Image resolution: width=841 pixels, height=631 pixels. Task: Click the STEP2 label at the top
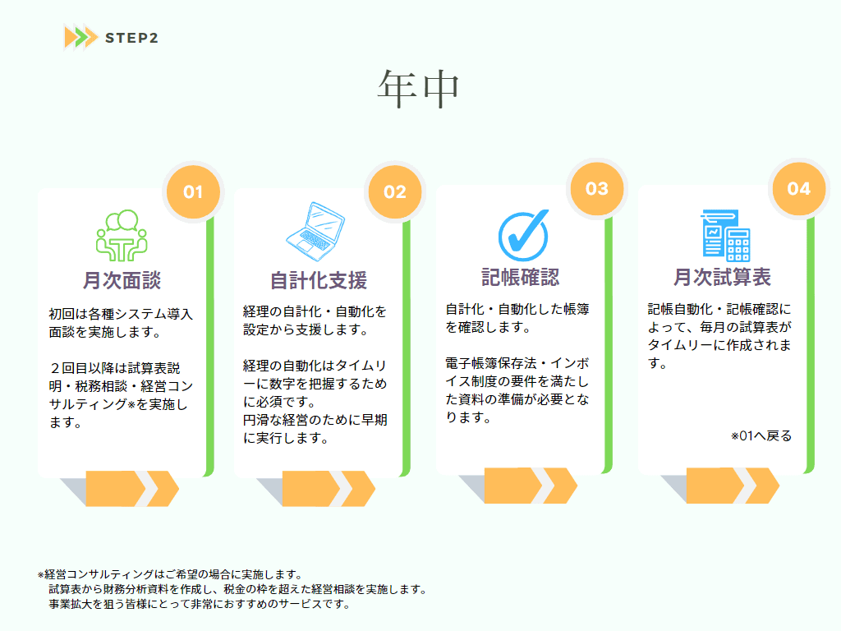131,38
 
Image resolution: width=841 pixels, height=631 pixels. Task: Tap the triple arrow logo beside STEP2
81,38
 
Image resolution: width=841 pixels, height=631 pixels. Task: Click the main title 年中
418,89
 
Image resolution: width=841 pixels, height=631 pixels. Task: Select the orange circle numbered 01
193,191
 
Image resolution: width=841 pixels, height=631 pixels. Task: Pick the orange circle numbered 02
395,191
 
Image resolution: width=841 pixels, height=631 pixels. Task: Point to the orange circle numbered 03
597,188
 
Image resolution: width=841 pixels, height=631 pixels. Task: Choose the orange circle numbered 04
798,188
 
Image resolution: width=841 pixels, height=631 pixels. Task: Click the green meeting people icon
122,235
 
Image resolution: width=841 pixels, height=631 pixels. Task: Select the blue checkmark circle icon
523,235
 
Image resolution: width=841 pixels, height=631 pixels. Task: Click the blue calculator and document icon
726,235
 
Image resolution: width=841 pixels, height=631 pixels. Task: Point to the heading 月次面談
122,280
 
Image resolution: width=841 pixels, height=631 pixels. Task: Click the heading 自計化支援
318,280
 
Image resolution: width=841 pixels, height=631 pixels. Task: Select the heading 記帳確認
520,277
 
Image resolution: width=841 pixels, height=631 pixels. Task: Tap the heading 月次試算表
722,277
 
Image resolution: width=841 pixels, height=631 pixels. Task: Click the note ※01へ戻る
761,435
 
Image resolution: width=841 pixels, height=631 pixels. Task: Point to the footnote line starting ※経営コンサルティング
170,574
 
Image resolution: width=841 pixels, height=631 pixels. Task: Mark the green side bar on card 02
407,348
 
